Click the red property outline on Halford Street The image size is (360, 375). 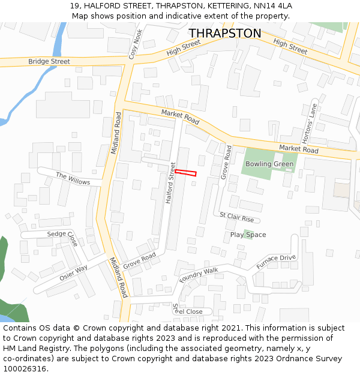point(185,173)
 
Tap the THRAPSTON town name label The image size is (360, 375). point(225,34)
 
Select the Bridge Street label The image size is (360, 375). point(49,62)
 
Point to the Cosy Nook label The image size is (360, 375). point(136,43)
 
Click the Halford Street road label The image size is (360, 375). point(170,182)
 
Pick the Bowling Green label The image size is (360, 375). point(269,164)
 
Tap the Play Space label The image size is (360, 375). point(248,235)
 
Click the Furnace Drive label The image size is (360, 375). point(276,262)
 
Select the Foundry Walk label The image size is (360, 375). point(199,275)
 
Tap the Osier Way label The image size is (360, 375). point(73,273)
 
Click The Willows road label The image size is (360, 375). point(73,178)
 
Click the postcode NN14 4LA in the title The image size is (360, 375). point(272,6)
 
